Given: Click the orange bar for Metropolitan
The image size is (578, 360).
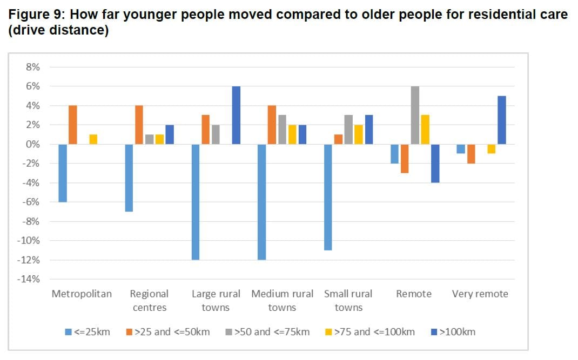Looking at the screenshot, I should point(73,125).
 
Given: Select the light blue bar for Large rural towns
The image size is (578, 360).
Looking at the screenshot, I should point(195,202).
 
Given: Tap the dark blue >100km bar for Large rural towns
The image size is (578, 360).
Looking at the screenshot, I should point(236,115).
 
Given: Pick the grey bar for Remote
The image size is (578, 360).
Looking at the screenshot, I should point(415,115).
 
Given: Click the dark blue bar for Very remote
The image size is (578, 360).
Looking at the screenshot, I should point(501,120).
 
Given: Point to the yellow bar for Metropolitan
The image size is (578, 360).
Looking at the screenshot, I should point(93,139).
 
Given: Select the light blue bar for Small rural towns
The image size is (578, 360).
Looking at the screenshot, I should point(328,197).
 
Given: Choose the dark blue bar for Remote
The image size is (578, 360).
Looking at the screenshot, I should point(435,163).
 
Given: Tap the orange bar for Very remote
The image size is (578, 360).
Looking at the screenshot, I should point(471,153).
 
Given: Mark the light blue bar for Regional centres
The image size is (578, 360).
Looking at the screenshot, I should point(129,178).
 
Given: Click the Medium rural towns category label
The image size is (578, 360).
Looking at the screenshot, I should point(282,301).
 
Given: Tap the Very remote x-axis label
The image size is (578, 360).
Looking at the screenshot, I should point(480,294).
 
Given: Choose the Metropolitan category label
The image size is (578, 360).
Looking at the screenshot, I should point(82,294).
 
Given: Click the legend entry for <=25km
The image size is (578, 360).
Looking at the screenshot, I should point(87,331).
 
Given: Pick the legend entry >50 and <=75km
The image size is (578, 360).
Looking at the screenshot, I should point(267,331).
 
